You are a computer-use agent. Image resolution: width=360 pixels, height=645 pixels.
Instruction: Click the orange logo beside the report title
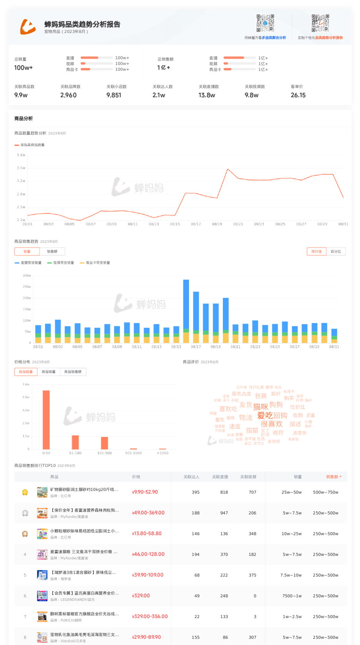click(28, 26)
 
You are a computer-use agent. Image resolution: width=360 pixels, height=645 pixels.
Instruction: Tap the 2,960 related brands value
click(68, 95)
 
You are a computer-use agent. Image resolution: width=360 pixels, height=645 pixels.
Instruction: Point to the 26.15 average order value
click(298, 95)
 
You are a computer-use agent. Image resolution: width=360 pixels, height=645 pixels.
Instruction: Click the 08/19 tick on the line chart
click(217, 224)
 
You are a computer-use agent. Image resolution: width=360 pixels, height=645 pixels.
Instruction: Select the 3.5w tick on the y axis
click(21, 168)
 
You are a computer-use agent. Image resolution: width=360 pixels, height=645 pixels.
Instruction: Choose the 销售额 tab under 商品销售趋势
click(52, 251)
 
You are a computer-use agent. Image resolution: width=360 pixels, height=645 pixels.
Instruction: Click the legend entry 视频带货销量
click(63, 263)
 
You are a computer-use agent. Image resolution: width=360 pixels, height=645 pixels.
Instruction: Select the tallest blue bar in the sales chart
click(186, 304)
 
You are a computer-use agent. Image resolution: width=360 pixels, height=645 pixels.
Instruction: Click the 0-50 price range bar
click(46, 420)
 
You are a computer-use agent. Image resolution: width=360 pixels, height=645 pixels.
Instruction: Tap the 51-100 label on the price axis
click(75, 453)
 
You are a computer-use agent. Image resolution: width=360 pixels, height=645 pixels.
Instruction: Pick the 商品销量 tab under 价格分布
click(48, 372)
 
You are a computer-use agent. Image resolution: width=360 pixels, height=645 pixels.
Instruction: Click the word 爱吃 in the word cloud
click(265, 415)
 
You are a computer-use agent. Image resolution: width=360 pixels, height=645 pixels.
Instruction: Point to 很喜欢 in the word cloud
click(272, 424)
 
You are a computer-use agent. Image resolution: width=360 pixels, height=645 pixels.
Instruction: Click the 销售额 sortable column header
click(333, 477)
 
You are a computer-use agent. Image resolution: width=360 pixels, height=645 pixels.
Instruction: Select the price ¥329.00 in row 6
click(141, 596)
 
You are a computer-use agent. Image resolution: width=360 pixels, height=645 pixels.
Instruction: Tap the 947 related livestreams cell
click(224, 513)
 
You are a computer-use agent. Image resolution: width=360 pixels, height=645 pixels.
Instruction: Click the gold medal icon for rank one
click(25, 492)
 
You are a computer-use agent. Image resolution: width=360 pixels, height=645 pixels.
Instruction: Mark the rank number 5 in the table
click(25, 575)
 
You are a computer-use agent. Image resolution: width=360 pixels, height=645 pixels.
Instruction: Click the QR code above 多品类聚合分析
click(265, 23)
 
